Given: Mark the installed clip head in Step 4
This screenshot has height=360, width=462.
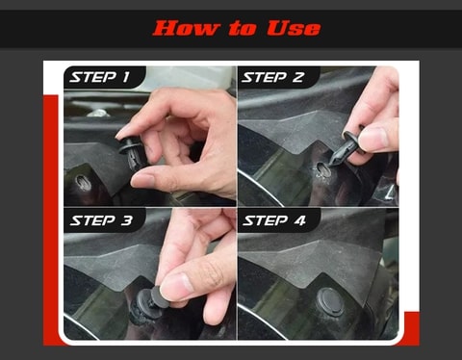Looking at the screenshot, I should point(332,299).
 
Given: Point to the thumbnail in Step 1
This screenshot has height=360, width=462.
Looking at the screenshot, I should point(144,179).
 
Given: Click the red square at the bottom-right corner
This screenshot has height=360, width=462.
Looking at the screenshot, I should point(411,327).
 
